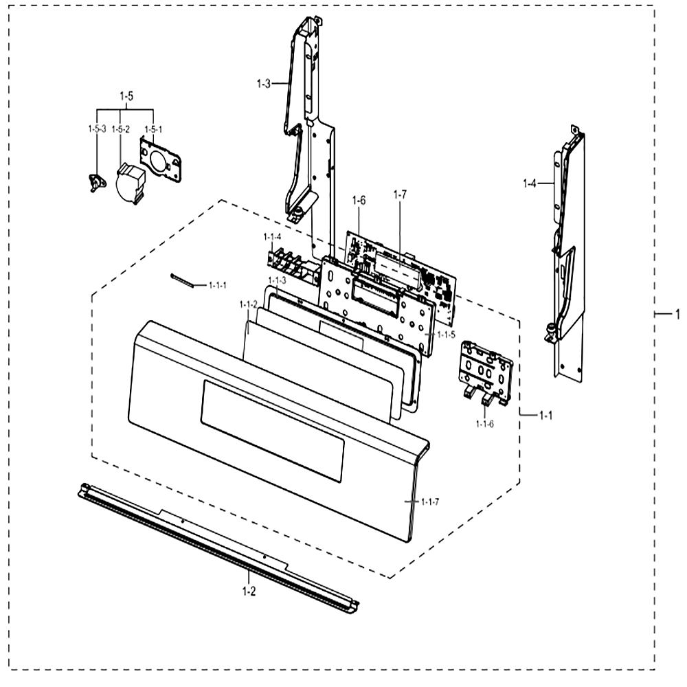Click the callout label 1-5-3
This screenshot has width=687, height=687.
(x=97, y=129)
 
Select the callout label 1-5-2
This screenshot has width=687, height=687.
(x=120, y=129)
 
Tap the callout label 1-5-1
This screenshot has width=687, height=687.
(x=153, y=129)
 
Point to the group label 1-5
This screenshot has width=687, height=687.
(x=126, y=96)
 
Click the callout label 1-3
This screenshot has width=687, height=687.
(x=264, y=84)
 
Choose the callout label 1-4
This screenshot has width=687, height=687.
(x=529, y=183)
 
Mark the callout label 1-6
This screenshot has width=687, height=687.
(x=359, y=201)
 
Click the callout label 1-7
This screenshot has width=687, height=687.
(x=400, y=195)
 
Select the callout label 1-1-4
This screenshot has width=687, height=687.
(x=272, y=237)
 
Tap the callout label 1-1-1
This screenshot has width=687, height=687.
(x=218, y=286)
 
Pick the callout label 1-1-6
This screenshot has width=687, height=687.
(x=484, y=424)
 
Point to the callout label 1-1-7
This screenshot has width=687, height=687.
(x=430, y=502)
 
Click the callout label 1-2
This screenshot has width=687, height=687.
(x=249, y=592)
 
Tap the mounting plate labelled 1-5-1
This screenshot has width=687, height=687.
(x=160, y=159)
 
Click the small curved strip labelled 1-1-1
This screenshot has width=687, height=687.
(x=182, y=280)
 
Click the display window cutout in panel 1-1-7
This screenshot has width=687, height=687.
(x=273, y=431)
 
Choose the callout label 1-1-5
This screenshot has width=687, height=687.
(x=446, y=335)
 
